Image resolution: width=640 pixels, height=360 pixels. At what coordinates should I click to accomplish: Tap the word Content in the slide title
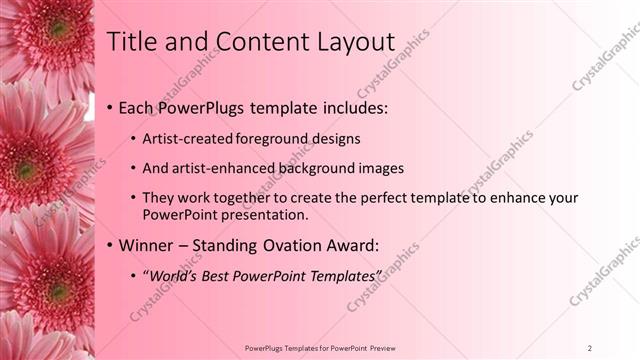click(246, 41)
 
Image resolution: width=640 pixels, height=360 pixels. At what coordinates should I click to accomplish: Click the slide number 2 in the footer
click(591, 347)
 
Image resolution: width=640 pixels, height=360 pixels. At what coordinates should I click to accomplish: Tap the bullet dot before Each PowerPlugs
click(109, 106)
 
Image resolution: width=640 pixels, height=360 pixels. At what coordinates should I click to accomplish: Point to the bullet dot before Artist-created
click(134, 138)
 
